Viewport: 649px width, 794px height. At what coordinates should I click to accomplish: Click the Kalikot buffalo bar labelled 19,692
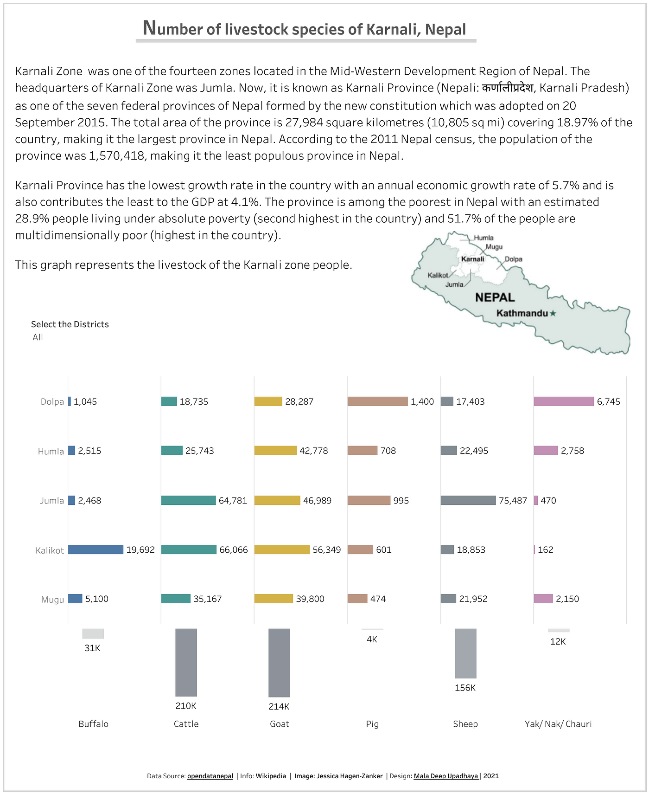(95, 549)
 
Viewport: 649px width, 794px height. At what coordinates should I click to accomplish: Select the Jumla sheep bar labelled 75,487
(468, 500)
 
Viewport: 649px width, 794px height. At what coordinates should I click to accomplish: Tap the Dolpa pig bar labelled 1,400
(377, 401)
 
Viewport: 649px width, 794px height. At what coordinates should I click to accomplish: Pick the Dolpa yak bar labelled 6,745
(564, 401)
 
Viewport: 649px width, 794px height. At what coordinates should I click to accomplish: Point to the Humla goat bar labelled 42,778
(275, 451)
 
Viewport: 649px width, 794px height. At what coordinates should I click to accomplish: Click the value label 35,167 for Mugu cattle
(207, 599)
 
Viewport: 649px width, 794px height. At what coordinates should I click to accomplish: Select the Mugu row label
(52, 600)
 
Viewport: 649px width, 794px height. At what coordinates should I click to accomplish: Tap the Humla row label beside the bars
(51, 452)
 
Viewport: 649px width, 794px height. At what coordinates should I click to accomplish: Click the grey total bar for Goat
(279, 663)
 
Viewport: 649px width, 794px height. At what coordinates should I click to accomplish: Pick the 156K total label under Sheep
(465, 688)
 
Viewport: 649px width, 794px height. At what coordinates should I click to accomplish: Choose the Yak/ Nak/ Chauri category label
(558, 724)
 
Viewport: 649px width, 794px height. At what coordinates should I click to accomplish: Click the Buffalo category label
(93, 724)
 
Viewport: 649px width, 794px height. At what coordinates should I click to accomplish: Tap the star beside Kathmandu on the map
(553, 313)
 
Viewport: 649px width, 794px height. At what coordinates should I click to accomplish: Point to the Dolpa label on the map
(513, 259)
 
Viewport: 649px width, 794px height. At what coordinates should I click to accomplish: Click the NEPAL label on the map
(495, 297)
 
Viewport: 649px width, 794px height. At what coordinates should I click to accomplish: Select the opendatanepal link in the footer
(210, 776)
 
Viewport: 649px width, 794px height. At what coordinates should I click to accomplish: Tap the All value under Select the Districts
(38, 337)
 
